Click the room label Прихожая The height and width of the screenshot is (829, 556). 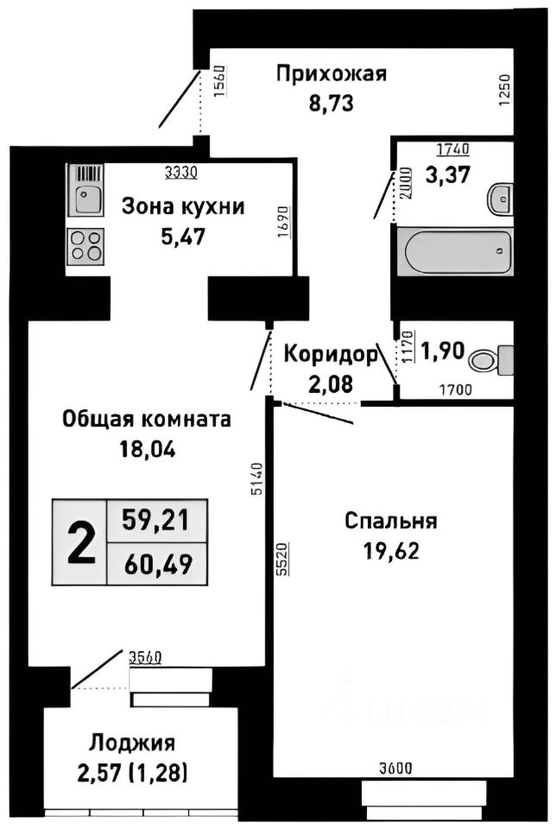point(331,73)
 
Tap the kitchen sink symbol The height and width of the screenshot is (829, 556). point(85,192)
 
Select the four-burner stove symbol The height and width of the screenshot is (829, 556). point(85,244)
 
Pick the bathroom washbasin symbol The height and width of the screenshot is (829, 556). point(500,199)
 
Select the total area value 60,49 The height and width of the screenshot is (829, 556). point(158,565)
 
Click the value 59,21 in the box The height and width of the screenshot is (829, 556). point(158,520)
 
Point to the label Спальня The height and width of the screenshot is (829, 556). point(390,522)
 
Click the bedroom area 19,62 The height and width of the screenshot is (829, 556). point(390,551)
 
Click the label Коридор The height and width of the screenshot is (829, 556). point(331,353)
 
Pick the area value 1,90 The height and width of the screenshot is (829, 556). point(443,352)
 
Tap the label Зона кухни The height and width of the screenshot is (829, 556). point(182,206)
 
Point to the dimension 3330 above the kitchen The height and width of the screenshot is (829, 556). point(181,172)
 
